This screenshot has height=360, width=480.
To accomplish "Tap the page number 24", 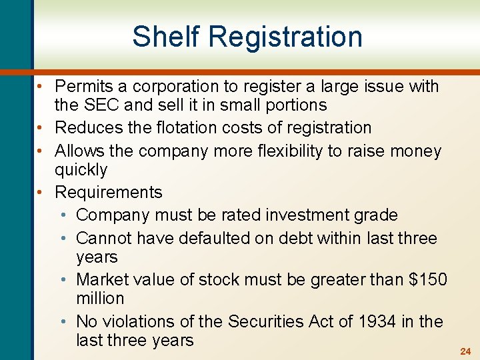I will coord(466,351).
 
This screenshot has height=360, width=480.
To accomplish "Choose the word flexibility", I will coord(292,151).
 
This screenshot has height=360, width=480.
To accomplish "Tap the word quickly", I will coord(81,170).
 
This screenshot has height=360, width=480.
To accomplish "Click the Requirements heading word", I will coord(109,193).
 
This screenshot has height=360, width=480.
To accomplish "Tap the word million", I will coord(100,298).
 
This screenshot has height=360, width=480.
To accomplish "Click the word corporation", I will coord(184,87).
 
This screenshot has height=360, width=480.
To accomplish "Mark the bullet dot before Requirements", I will coord(41,193).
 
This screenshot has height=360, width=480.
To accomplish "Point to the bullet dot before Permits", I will coord(41,87).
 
